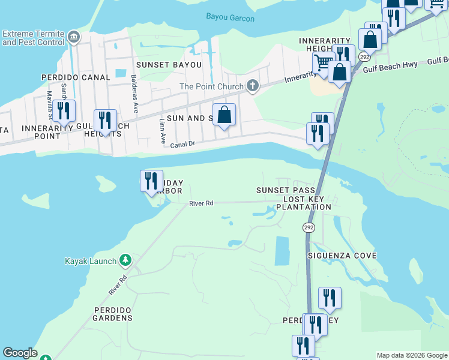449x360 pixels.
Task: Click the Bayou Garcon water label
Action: tap(230, 19)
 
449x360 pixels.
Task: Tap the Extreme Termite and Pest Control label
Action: tap(33, 38)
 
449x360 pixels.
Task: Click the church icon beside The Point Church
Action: tap(252, 86)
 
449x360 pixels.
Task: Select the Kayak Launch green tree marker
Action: tap(125, 260)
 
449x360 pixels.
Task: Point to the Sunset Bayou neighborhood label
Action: tap(164, 65)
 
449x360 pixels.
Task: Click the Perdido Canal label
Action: tap(76, 77)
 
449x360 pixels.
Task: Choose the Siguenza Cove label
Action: tap(342, 256)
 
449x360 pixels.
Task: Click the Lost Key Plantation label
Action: tap(304, 203)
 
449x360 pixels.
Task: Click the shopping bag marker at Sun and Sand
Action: tap(224, 114)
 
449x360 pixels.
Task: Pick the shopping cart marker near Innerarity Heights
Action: tap(323, 62)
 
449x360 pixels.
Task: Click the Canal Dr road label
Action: tap(182, 145)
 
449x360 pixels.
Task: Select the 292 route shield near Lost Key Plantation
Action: tap(309, 228)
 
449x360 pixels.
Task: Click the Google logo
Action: tap(20, 353)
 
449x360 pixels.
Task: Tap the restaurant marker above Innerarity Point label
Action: tap(63, 111)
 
